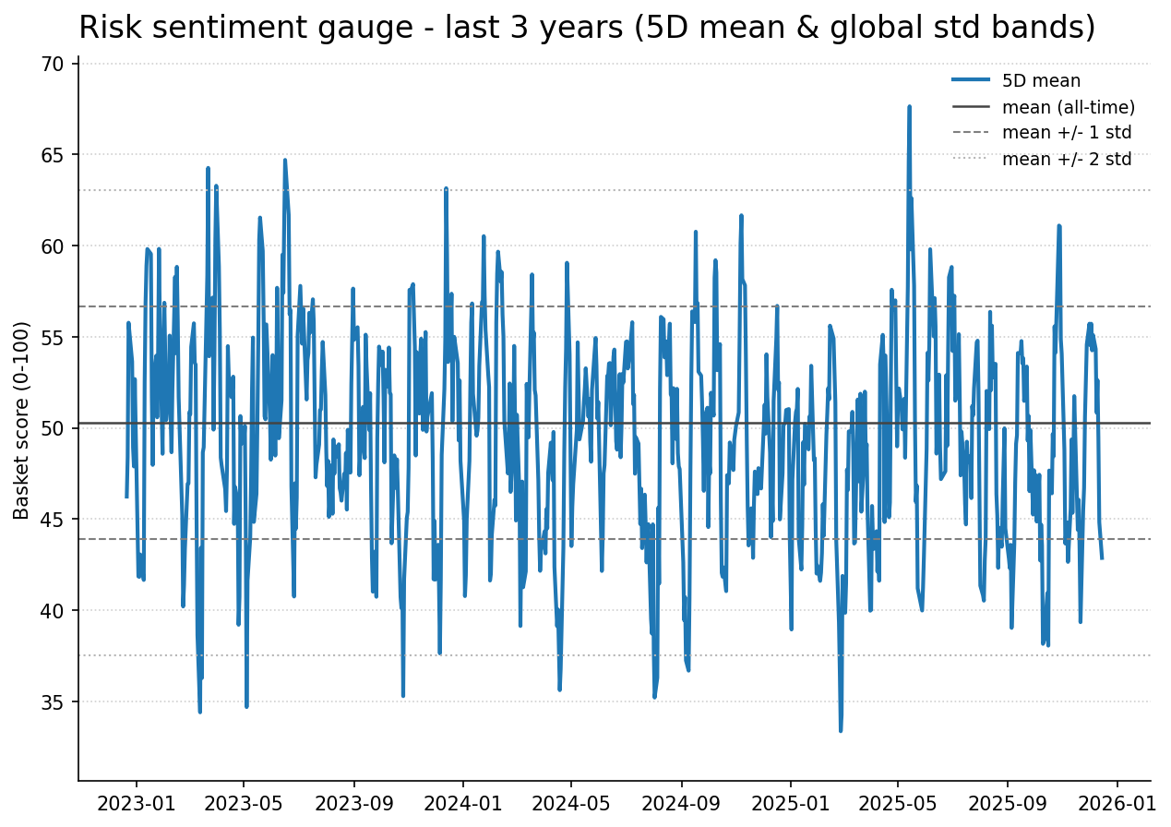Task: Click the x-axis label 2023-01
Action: (136, 805)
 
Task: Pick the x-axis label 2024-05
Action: (571, 805)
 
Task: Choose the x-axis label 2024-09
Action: (681, 805)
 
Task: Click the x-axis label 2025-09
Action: (1007, 805)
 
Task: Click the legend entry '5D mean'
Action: (1041, 81)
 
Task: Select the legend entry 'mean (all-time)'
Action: (1068, 107)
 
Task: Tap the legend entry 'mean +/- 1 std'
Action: (1067, 133)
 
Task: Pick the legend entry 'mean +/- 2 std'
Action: (1067, 159)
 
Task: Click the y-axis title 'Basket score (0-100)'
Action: (22, 420)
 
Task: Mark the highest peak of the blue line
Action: (909, 106)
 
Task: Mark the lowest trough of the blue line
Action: (841, 730)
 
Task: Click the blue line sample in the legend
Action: (971, 81)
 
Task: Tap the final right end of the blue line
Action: (1101, 557)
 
